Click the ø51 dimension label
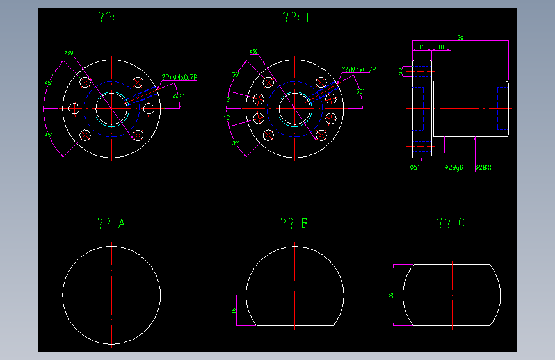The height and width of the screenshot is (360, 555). pyautogui.click(x=414, y=168)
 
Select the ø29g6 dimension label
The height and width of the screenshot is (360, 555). pyautogui.click(x=453, y=168)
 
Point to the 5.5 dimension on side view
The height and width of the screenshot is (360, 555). pyautogui.click(x=401, y=70)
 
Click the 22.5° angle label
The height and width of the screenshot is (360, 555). pyautogui.click(x=178, y=96)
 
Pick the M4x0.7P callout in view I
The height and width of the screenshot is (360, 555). pyautogui.click(x=180, y=78)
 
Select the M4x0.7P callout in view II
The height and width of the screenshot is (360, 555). pyautogui.click(x=358, y=70)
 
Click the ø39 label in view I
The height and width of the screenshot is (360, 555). pyautogui.click(x=68, y=53)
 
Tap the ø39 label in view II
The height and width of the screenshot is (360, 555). pyautogui.click(x=253, y=52)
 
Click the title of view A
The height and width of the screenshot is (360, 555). pyautogui.click(x=111, y=224)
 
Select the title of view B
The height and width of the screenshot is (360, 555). pyautogui.click(x=294, y=224)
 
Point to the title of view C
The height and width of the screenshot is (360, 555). pyautogui.click(x=451, y=223)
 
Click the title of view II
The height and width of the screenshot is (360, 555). pyautogui.click(x=296, y=18)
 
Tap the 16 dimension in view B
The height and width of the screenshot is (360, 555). pyautogui.click(x=234, y=310)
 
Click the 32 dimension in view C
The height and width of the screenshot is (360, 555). pyautogui.click(x=390, y=295)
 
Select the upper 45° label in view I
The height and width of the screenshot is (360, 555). pyautogui.click(x=49, y=83)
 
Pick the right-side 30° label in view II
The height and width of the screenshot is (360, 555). pyautogui.click(x=360, y=92)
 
